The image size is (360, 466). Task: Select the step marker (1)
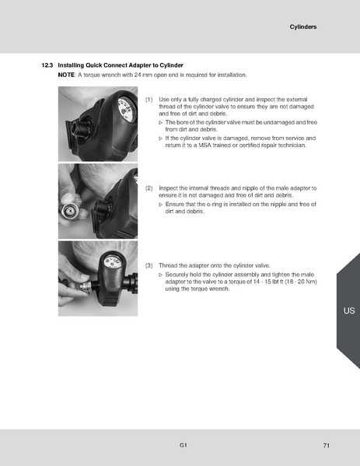(149, 100)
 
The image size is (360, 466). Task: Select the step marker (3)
(149, 266)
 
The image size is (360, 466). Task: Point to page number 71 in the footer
(327, 444)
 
